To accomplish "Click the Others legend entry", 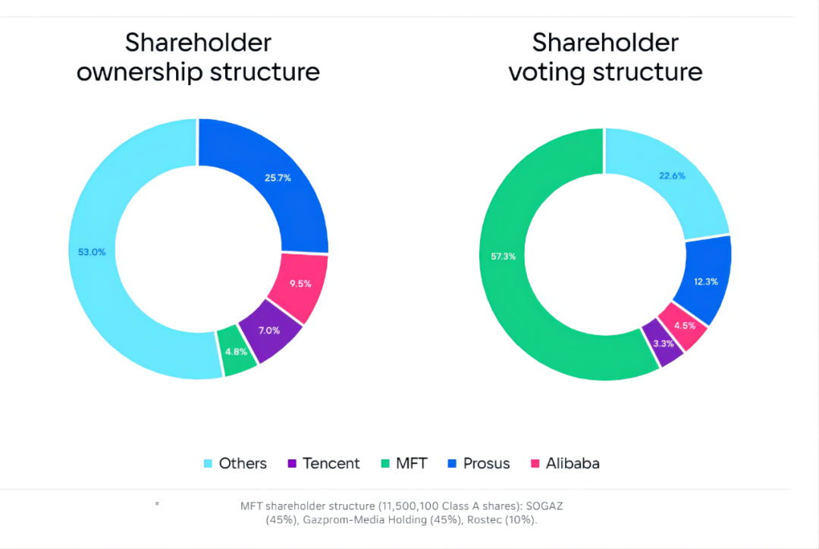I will (236, 463).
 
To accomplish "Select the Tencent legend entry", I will (324, 463).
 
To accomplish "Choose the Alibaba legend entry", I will (565, 463).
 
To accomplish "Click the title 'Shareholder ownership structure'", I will (198, 57).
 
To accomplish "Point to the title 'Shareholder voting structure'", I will (604, 57).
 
